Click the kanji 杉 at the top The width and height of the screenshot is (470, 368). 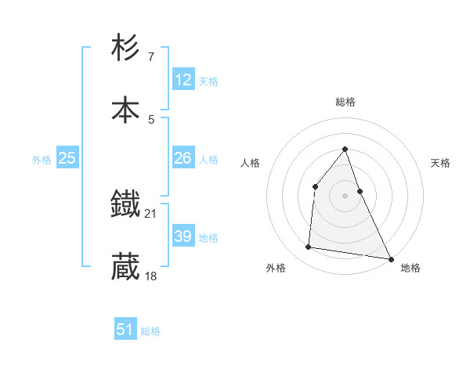(x=125, y=49)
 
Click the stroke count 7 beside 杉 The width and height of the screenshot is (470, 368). (x=150, y=56)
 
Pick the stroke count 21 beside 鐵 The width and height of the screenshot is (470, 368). (x=151, y=213)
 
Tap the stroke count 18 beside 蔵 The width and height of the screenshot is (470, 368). (x=151, y=276)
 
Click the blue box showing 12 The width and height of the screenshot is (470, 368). (x=183, y=80)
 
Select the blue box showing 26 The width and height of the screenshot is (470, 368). (x=183, y=158)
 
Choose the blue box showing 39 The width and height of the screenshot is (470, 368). (x=183, y=236)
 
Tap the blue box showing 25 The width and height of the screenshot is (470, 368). (x=67, y=158)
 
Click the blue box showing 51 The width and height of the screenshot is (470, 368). (x=125, y=330)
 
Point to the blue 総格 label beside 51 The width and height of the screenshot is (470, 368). (x=150, y=331)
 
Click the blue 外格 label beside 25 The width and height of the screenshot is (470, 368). (x=42, y=160)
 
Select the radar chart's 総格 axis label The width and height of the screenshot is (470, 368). (x=345, y=102)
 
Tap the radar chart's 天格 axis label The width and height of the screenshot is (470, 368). (x=440, y=163)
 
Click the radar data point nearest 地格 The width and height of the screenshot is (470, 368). (x=390, y=258)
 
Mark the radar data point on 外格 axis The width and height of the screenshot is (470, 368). (x=309, y=247)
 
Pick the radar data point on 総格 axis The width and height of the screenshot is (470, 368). (x=345, y=149)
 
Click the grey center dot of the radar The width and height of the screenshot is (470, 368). (x=345, y=196)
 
